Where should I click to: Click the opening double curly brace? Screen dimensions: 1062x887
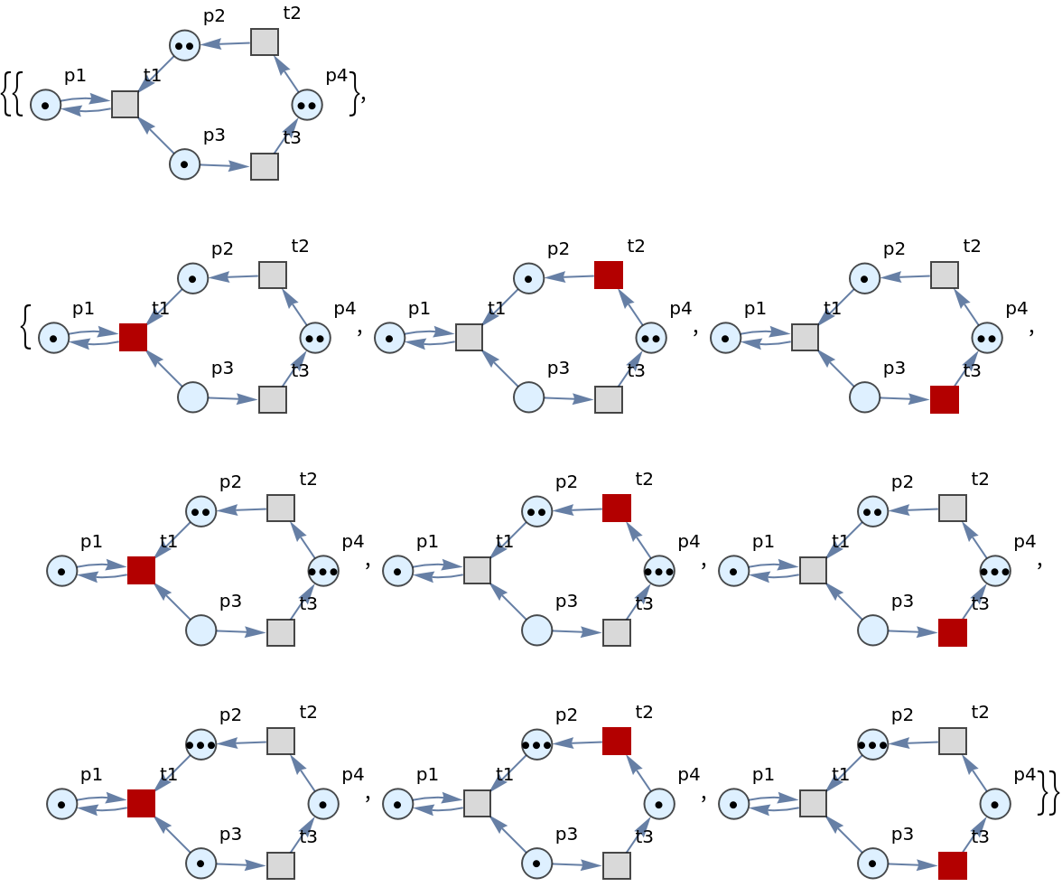[13, 94]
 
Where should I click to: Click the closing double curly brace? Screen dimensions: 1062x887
[1048, 792]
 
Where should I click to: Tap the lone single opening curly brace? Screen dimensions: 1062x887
[26, 327]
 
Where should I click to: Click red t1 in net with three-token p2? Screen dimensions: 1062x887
[141, 803]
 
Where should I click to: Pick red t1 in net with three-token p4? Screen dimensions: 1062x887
[141, 570]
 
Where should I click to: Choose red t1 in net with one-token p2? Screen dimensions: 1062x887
[133, 337]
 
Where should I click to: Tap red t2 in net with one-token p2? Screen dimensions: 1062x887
[609, 275]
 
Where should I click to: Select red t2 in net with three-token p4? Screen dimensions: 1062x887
[616, 508]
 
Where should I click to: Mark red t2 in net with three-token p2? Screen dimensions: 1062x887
[616, 741]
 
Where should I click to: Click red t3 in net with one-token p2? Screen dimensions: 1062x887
[945, 399]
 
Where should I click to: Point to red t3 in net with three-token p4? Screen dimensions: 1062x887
[952, 632]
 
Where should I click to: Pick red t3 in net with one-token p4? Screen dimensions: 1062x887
[952, 865]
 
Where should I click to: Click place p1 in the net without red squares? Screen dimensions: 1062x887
[45, 105]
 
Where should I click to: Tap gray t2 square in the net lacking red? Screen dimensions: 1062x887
[264, 42]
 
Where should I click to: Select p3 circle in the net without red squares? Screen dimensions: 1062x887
[184, 164]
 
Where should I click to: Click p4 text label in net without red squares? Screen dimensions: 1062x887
[337, 75]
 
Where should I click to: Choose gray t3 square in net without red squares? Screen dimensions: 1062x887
[264, 166]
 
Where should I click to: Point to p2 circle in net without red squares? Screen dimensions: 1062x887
[184, 45]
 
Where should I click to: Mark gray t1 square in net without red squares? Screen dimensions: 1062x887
[125, 104]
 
